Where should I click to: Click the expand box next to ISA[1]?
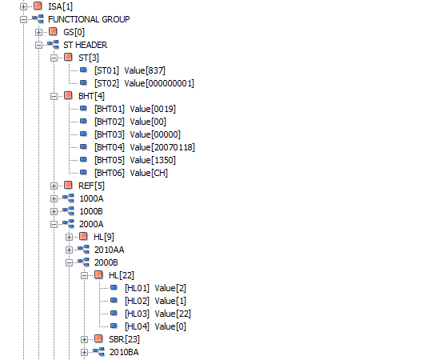click(24, 6)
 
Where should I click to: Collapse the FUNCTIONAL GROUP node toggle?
click(24, 19)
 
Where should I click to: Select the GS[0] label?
click(74, 32)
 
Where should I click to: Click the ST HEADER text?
click(86, 45)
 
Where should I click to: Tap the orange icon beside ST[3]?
click(68, 58)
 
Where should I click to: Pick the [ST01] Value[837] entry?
click(130, 70)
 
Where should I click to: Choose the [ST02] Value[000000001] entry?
click(144, 83)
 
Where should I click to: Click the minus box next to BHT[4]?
click(54, 96)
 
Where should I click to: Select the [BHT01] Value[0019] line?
click(135, 109)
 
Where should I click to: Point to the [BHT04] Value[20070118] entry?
click(145, 147)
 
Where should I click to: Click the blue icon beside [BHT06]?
click(83, 173)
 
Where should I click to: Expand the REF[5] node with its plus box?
click(54, 186)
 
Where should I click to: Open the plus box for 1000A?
click(54, 198)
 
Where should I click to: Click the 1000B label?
click(91, 211)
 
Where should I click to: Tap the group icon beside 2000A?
click(68, 224)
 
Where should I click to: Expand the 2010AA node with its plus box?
click(69, 250)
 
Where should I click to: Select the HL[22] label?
click(122, 275)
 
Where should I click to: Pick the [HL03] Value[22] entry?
click(158, 314)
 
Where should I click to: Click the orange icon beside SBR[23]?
click(98, 339)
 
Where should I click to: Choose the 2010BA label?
click(124, 352)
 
